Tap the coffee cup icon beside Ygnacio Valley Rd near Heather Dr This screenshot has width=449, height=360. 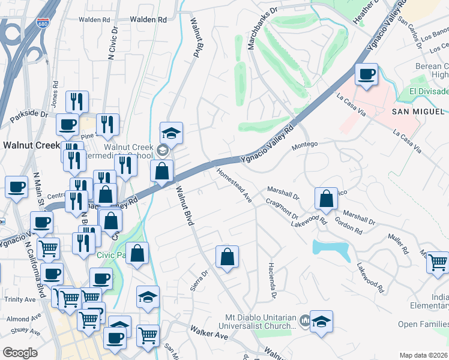[x=366, y=75]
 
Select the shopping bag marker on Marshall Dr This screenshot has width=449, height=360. [x=325, y=199]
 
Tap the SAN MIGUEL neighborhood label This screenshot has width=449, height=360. [x=418, y=112]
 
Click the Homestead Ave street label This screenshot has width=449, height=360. [x=234, y=184]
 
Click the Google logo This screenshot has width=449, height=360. [x=20, y=353]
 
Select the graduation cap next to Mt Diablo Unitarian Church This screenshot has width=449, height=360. [x=321, y=322]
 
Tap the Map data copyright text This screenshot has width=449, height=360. [x=424, y=355]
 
